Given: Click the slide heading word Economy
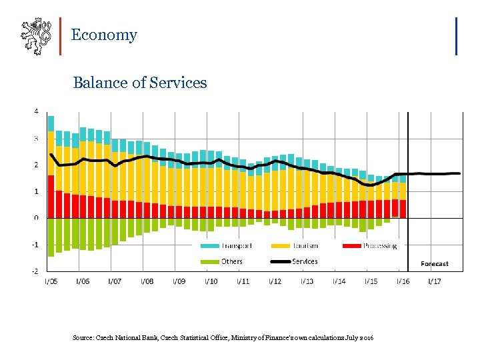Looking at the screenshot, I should (103, 35).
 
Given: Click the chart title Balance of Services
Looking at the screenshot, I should (139, 83).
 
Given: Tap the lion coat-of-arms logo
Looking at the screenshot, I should (35, 36).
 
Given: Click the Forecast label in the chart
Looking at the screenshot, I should (434, 264).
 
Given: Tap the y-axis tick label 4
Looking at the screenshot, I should (36, 111).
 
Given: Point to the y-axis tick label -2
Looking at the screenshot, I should (35, 271).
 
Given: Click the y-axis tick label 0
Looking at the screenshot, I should (36, 218).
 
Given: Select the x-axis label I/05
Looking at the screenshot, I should (51, 281).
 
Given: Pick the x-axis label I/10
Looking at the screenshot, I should (210, 281).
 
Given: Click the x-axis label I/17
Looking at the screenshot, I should (434, 281).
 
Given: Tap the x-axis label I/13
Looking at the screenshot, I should (307, 281).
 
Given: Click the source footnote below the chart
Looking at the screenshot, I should (223, 339).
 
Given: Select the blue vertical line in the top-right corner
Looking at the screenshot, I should (456, 36).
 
